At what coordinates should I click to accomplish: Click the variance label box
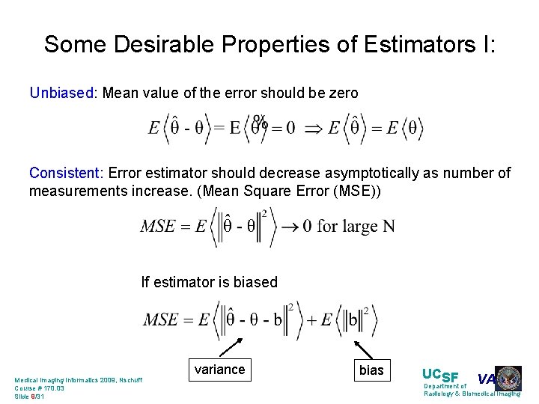[219, 369]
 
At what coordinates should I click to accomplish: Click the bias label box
[371, 370]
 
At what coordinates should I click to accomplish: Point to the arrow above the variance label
[234, 347]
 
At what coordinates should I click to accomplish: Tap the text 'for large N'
[356, 226]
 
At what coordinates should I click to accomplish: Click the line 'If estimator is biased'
[210, 282]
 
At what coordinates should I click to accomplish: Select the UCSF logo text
[441, 376]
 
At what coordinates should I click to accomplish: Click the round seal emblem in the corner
[508, 379]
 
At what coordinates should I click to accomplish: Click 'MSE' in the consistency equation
[158, 227]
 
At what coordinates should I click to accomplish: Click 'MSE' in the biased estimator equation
[161, 320]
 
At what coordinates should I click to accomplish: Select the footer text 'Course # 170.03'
[40, 388]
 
